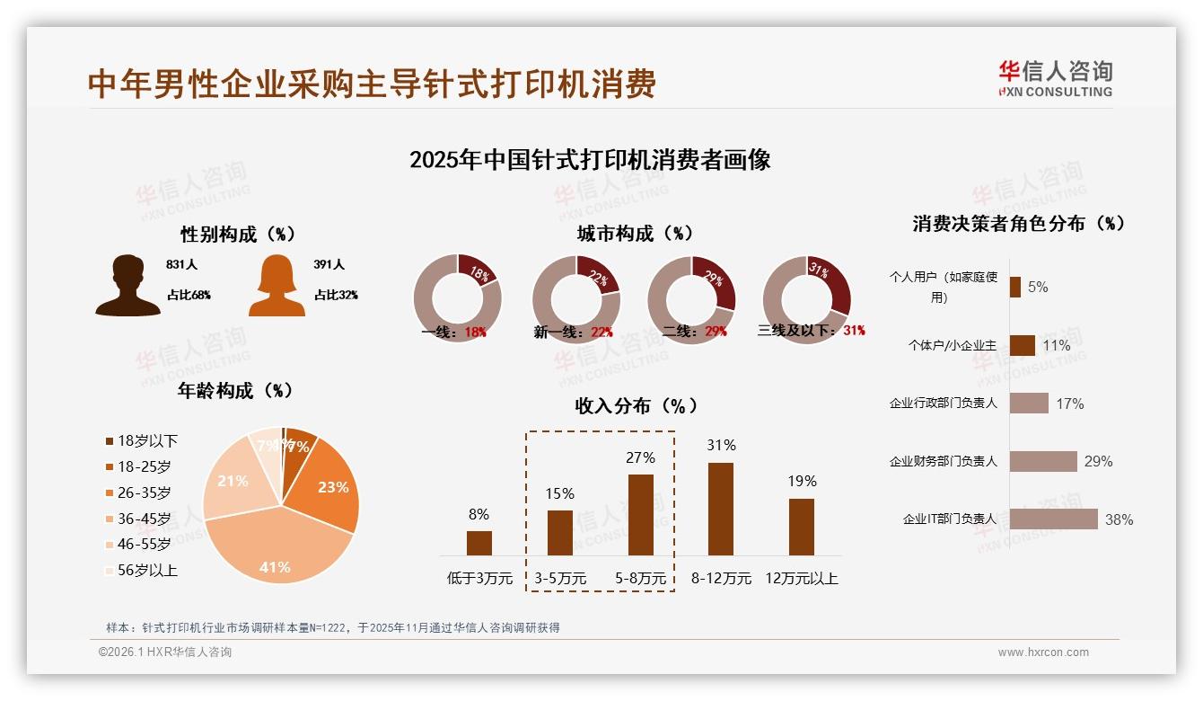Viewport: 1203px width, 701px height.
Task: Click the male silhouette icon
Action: [127, 285]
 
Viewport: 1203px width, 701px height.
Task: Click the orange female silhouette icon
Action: [277, 285]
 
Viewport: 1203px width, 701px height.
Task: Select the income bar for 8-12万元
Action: [721, 509]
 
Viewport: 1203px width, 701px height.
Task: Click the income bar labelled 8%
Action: [479, 543]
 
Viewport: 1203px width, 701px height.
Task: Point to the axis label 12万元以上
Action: [801, 579]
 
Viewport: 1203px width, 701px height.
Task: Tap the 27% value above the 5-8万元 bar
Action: [640, 457]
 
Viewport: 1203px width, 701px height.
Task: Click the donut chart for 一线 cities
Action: [457, 298]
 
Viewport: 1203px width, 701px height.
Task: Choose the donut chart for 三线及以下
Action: [806, 298]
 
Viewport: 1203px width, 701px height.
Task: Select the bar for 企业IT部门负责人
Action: [1053, 519]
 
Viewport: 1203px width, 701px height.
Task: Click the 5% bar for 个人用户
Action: [1014, 287]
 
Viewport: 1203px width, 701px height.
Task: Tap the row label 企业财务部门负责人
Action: [943, 461]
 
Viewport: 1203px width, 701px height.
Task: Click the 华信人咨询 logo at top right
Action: [1055, 78]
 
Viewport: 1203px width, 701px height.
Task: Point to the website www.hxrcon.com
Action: [1043, 652]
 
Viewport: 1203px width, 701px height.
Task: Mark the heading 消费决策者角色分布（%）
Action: [1019, 224]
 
